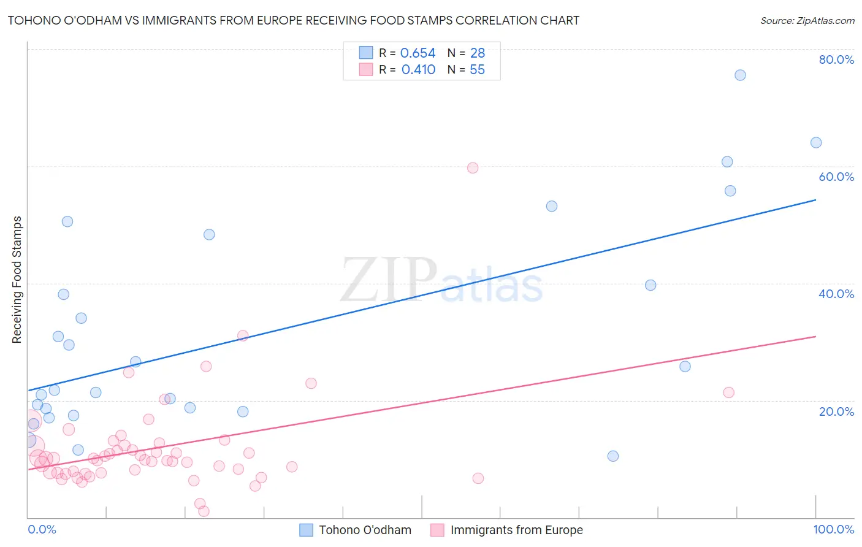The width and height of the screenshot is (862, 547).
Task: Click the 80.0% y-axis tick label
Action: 836,59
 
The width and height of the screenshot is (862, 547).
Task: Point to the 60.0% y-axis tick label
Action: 836,177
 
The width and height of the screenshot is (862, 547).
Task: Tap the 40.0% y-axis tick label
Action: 836,294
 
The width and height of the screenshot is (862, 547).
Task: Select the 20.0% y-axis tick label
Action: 836,411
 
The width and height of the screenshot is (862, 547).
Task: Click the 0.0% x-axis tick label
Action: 42,529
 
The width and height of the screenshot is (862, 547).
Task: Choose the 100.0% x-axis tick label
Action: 833,529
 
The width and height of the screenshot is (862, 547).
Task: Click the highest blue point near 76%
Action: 740,75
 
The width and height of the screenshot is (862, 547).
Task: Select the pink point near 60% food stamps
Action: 473,168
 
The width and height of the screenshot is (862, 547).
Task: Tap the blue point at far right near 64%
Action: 816,143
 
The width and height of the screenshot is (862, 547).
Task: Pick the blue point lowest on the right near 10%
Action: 613,456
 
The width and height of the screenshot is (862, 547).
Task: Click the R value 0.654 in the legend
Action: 418,53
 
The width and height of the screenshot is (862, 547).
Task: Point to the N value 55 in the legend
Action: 477,70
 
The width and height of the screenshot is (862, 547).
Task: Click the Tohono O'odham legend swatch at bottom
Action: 306,530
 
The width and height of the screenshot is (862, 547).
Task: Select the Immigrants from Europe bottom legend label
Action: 516,530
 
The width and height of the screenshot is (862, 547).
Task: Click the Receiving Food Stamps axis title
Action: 17,280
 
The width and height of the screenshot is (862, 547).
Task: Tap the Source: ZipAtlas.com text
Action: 807,21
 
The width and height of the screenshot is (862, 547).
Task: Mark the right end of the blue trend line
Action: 816,200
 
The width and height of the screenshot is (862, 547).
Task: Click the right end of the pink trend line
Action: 816,337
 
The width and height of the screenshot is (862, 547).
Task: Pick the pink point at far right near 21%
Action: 728,392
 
